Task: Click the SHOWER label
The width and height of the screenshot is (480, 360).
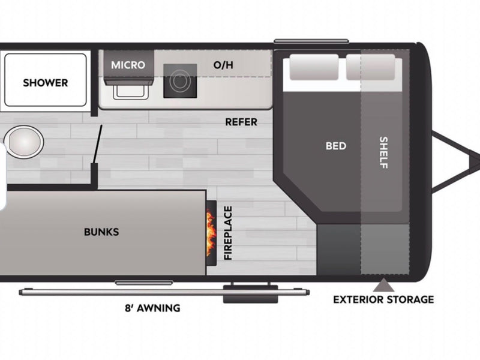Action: click(x=46, y=83)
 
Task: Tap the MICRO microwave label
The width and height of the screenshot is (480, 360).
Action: click(x=128, y=65)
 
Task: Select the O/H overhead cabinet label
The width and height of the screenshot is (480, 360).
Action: click(x=223, y=65)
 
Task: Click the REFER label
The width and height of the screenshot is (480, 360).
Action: click(x=241, y=122)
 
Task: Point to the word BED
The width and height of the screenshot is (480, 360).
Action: click(x=336, y=146)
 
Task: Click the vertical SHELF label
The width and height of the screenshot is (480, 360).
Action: click(x=383, y=152)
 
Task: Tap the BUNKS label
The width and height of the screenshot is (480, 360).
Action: click(x=101, y=232)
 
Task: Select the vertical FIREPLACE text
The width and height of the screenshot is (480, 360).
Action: click(x=228, y=233)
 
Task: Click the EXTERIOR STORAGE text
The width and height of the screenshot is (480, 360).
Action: click(x=383, y=299)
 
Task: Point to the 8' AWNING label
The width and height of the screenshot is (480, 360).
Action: click(x=152, y=308)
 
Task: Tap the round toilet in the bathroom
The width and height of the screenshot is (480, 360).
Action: click(x=25, y=142)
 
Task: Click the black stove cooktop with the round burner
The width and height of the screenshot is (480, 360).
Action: click(x=180, y=81)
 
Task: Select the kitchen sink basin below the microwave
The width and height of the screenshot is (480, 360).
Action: click(x=131, y=91)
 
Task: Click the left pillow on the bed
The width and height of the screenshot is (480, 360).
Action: click(x=314, y=67)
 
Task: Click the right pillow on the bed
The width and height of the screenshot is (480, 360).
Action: click(x=370, y=67)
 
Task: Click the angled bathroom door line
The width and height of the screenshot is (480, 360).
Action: click(x=98, y=144)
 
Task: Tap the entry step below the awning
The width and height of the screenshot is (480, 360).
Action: click(x=250, y=294)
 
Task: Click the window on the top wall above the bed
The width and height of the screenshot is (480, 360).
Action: click(x=311, y=41)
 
